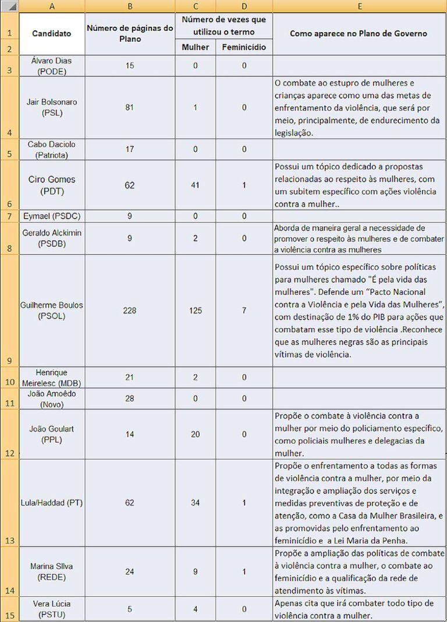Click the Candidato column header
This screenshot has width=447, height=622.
tap(51, 33)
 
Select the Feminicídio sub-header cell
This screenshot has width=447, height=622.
tap(244, 47)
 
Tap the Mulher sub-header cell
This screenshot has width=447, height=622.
tap(196, 47)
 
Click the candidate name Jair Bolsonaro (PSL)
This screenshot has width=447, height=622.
tap(51, 108)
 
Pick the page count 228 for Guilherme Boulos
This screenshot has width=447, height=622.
tap(130, 310)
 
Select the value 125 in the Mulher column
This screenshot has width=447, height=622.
tap(196, 310)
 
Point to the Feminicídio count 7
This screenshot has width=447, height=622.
tap(244, 310)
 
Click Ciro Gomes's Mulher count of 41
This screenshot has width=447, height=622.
tap(196, 185)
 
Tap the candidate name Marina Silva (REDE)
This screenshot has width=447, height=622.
tap(51, 571)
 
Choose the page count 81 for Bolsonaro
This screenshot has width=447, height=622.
tap(130, 108)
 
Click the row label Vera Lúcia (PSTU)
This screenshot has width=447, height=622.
tap(51, 609)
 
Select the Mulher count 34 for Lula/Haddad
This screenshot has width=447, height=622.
tap(196, 503)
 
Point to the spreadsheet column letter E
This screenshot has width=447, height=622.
tap(360, 6)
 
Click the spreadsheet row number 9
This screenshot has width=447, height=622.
tap(9, 361)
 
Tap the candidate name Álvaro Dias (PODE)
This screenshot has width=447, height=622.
tap(51, 65)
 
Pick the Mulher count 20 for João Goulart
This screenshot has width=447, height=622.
tap(196, 434)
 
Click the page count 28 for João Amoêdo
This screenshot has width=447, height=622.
tap(130, 399)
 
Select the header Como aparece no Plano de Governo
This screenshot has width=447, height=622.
tap(359, 33)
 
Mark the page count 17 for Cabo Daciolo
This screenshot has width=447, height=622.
tap(130, 150)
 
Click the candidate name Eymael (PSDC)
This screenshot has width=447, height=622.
tap(51, 216)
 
